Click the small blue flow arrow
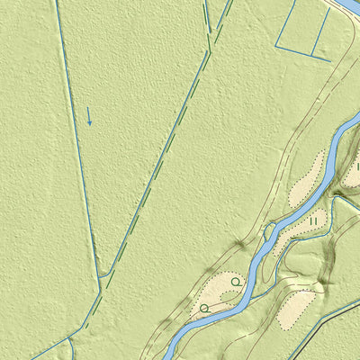[89, 116]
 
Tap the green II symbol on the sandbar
[313, 219]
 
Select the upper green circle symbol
[235, 282]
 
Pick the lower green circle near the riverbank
[204, 308]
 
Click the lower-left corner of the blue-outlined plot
[276, 47]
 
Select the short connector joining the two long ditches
[104, 274]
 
